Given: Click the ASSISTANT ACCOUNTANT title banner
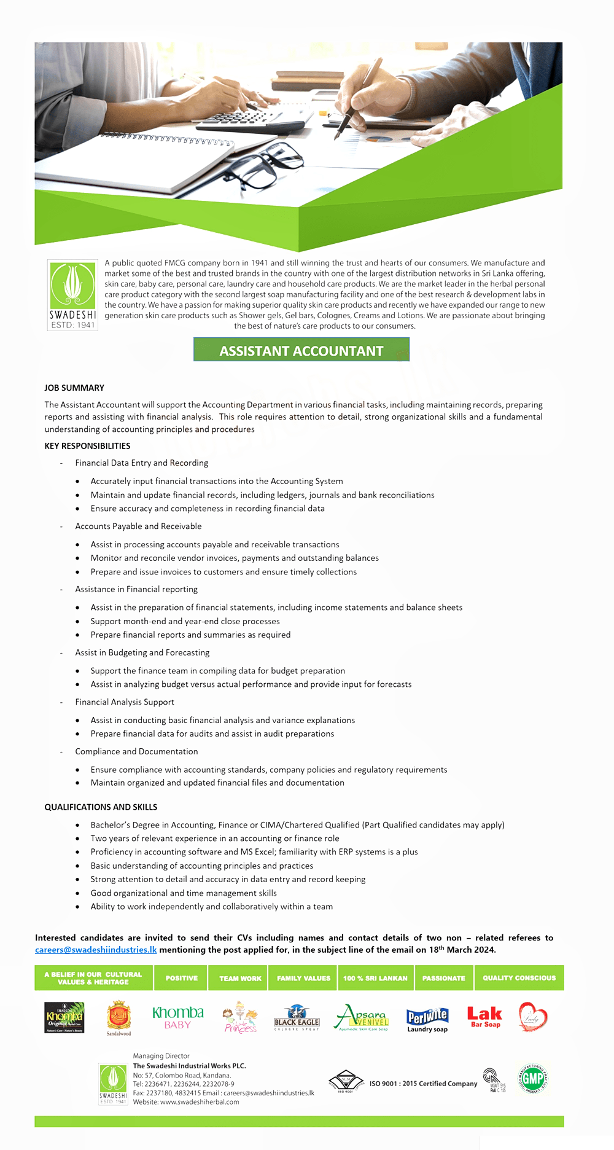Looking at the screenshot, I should click(301, 350).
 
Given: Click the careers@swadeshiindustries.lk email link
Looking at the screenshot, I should click(96, 950).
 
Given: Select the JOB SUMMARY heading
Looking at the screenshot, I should click(74, 388).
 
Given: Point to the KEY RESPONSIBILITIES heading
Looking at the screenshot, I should click(87, 446).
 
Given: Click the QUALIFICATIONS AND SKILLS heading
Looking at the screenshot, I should click(101, 807).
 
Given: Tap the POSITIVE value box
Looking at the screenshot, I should click(181, 978).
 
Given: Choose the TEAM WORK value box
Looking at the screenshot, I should click(240, 978).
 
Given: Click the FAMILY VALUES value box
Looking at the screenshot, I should click(303, 978).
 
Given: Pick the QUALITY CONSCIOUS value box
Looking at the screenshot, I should click(519, 978).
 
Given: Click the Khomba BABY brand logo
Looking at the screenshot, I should click(177, 1017).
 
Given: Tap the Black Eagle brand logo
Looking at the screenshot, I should click(297, 1017).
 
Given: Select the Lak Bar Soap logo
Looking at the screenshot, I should click(484, 1017).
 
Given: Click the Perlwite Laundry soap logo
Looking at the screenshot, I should click(427, 1019).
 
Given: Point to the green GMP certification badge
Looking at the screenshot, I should click(532, 1078).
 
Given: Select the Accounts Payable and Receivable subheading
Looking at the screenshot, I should click(138, 526).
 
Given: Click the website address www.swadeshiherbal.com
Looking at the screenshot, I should click(200, 1101).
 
